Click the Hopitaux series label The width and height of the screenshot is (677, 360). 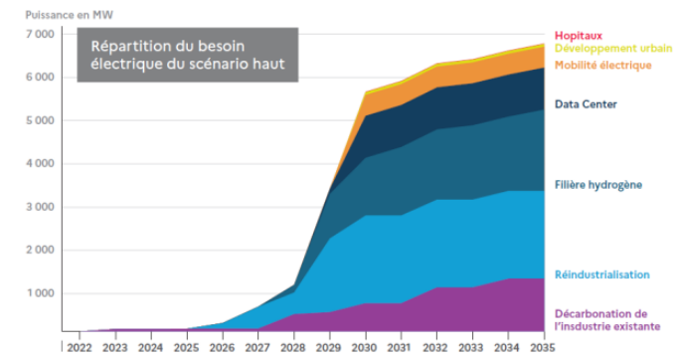point(579,36)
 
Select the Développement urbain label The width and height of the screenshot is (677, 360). point(613,48)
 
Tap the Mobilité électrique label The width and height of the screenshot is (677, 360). point(602,66)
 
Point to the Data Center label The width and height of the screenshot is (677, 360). point(586,104)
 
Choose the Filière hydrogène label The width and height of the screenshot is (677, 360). point(598,185)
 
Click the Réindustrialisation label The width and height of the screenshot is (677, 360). point(601,274)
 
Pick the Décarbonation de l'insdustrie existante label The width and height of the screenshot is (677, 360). point(607,320)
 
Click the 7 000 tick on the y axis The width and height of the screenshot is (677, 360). point(40,34)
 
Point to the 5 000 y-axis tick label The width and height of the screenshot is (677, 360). point(40,120)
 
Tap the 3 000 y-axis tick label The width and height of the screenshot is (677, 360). point(40,207)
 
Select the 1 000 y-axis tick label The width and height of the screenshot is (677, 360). point(40,293)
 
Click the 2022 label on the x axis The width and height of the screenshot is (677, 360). point(80,347)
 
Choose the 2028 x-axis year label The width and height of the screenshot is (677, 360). point(294,347)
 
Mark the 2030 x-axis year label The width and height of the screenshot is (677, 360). point(366,347)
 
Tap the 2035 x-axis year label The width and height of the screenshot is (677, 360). point(543,347)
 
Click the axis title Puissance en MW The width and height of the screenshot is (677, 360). point(69,15)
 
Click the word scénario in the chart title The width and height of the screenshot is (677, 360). point(225,64)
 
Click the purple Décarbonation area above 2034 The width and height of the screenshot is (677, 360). point(508,305)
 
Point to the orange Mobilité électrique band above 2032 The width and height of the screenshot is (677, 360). point(437,77)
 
